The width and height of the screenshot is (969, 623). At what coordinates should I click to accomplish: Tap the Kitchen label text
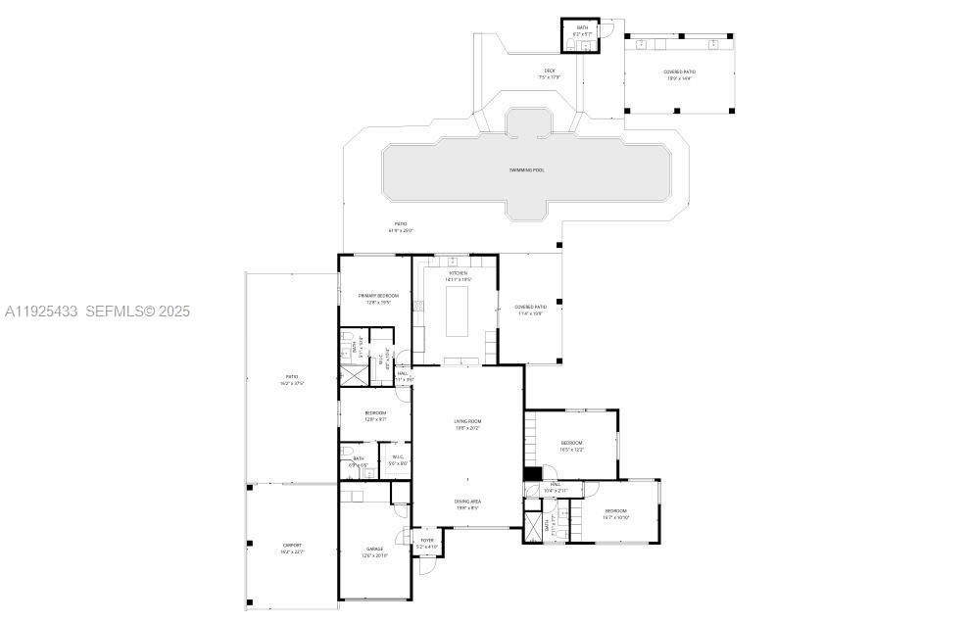459,273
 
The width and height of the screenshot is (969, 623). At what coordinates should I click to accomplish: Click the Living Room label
467,421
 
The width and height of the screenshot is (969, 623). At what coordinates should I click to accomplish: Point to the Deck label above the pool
550,71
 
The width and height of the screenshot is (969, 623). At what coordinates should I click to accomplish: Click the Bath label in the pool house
582,27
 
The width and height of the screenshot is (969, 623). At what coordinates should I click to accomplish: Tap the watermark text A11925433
41,311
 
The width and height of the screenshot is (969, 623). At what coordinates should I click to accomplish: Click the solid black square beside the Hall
532,474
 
